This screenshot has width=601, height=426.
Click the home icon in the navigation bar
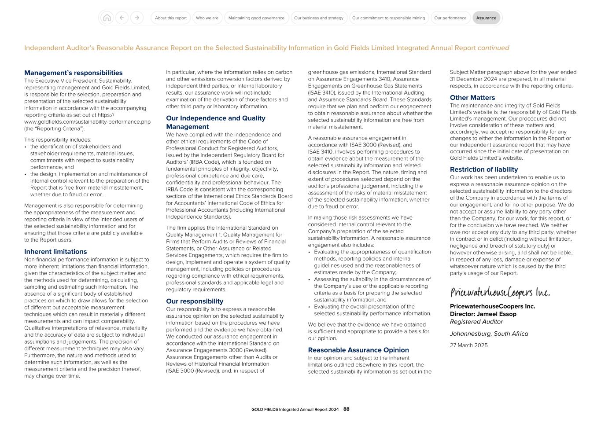107,18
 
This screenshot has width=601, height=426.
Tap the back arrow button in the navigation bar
122,18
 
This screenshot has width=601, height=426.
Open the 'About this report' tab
171,18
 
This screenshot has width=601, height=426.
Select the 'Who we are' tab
207,18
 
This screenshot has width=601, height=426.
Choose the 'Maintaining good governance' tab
256,18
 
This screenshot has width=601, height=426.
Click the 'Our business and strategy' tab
319,18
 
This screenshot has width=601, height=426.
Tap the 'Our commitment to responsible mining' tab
388,18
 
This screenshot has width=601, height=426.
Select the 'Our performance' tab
450,18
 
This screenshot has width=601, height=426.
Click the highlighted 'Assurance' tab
486,18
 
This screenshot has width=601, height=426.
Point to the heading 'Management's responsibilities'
74,73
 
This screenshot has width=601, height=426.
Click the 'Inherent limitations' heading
55,252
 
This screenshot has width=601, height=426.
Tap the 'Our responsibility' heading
195,301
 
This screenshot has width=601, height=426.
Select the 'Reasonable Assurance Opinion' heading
358,350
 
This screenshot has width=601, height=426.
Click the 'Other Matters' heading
472,98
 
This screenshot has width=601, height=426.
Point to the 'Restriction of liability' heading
483,169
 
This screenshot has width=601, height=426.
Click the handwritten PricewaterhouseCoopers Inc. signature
500,293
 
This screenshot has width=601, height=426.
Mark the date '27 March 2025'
468,345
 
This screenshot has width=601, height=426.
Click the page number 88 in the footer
347,409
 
